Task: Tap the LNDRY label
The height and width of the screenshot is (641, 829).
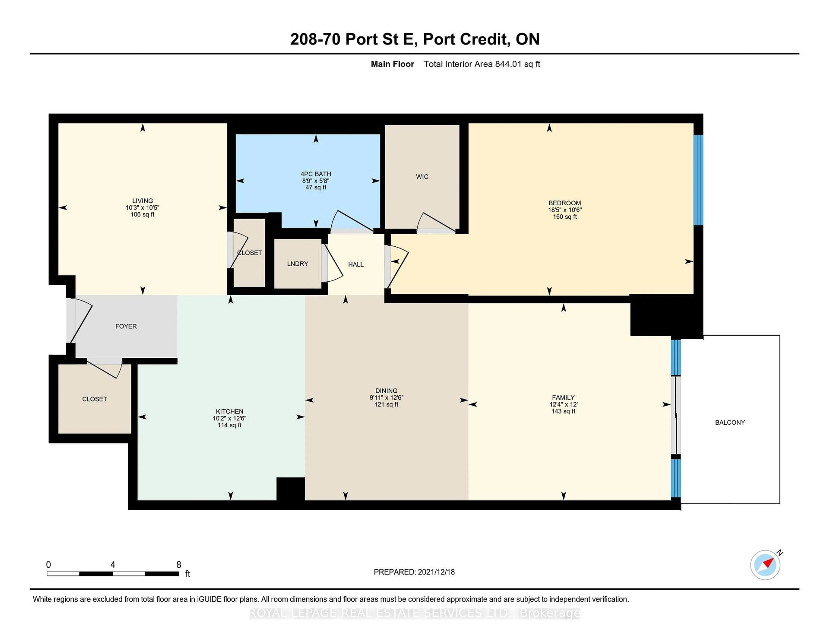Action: click(x=297, y=263)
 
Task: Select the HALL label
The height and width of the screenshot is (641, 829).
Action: click(x=356, y=264)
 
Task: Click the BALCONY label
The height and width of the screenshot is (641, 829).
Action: click(x=729, y=422)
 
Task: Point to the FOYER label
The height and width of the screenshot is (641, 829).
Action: click(x=126, y=326)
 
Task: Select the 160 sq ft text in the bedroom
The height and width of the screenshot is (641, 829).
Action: click(x=565, y=217)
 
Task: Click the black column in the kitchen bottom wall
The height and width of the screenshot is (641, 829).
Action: click(x=290, y=489)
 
